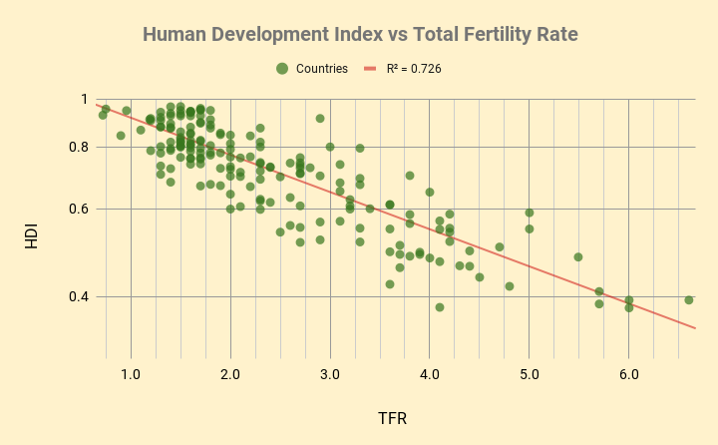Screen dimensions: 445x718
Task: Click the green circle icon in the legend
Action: (282, 69)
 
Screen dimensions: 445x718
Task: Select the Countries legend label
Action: (322, 69)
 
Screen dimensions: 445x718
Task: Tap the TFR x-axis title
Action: (392, 417)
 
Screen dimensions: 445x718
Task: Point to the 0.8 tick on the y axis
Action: (78, 147)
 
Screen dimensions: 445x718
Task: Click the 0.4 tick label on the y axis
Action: (78, 296)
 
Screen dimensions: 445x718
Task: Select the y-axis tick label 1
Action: (84, 100)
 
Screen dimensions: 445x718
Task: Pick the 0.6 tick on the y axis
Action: (78, 210)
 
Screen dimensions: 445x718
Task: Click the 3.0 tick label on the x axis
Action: (330, 374)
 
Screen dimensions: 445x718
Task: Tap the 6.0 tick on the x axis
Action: (628, 374)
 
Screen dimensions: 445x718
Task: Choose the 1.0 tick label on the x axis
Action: (131, 374)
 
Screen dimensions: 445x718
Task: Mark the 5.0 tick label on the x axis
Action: (529, 374)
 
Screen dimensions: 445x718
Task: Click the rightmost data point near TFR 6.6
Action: (689, 299)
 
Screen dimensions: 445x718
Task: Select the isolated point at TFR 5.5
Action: (578, 256)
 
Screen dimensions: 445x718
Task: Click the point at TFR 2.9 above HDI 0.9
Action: (320, 118)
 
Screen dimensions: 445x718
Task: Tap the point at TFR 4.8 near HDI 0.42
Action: (510, 286)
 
